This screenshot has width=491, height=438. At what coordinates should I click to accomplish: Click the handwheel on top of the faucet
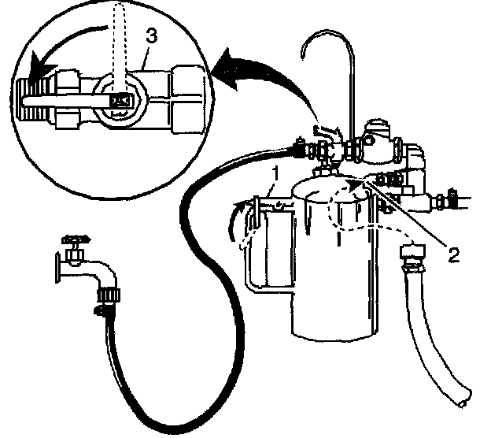tap(76, 235)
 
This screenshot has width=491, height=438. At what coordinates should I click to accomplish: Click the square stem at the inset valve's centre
tap(120, 101)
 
